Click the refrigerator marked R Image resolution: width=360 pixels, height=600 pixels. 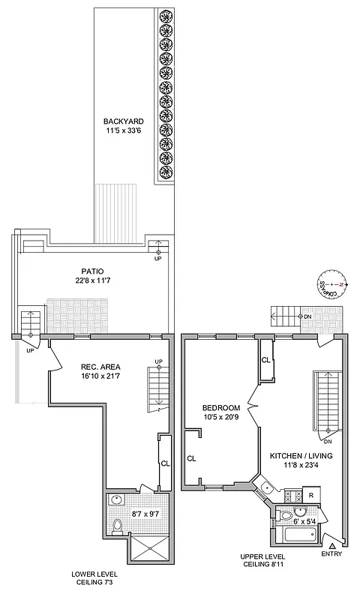tap(310, 495)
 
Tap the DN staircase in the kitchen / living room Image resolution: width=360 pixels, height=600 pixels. tap(328, 401)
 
